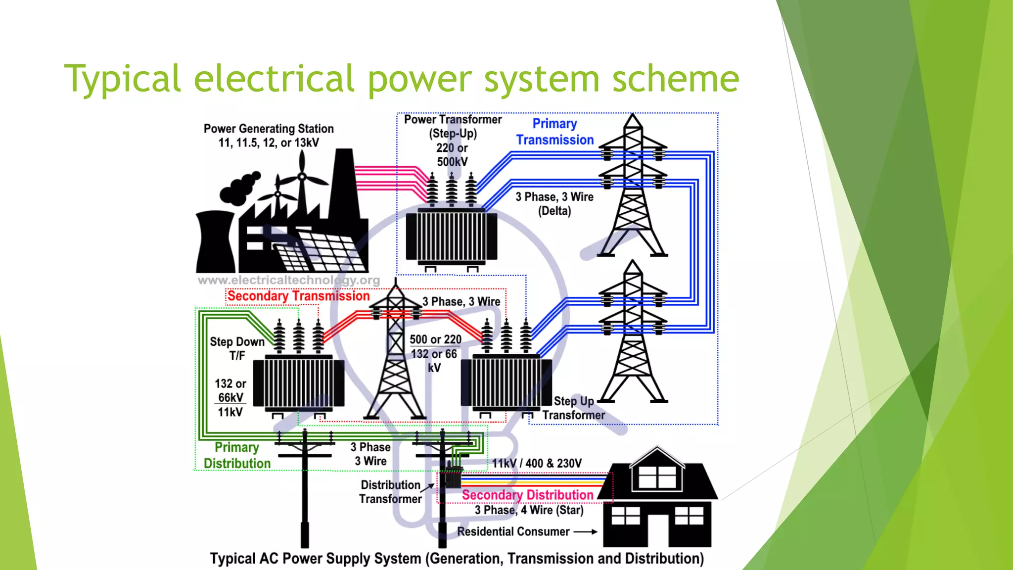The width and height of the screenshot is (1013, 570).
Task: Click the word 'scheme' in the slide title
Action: (675, 79)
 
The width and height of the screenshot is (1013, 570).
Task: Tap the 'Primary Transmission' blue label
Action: (554, 132)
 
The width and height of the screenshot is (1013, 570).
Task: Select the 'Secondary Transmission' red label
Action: (298, 296)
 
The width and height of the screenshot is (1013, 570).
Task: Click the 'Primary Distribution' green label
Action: (237, 455)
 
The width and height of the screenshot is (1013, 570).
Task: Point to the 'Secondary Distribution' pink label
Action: (527, 495)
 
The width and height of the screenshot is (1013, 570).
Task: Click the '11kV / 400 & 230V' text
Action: (537, 464)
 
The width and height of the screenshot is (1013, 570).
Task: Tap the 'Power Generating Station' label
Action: (269, 129)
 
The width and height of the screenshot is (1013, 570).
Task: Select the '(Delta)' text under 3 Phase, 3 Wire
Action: (554, 211)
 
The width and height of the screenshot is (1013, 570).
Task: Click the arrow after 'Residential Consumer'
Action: (586, 532)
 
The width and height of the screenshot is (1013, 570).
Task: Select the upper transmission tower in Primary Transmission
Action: (633, 188)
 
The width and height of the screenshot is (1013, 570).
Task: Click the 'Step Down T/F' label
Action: (237, 348)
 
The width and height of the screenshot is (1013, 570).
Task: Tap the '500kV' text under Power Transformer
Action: (452, 162)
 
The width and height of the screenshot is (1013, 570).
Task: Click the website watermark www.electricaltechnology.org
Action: (289, 281)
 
